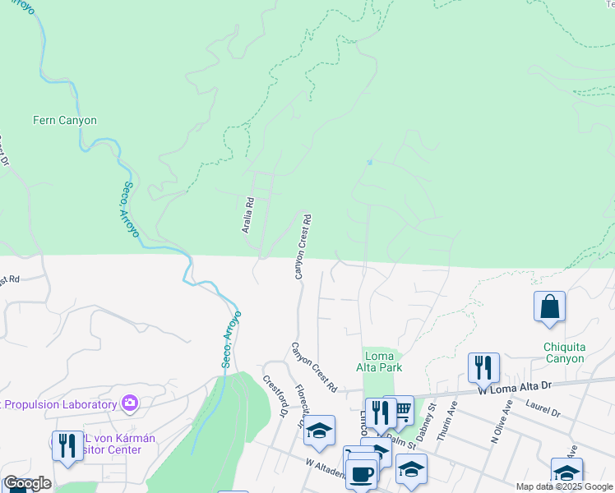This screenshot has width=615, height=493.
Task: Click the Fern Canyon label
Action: pyautogui.click(x=64, y=121)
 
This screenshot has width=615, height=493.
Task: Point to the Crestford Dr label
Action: pyautogui.click(x=275, y=396)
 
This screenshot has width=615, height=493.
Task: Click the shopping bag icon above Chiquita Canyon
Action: pyautogui.click(x=549, y=307)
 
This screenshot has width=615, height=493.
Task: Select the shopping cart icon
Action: pyautogui.click(x=402, y=408)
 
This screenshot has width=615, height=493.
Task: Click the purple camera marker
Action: pyautogui.click(x=129, y=403)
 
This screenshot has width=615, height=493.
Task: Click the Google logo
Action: pyautogui.click(x=27, y=483)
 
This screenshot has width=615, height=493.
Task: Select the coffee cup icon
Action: pyautogui.click(x=360, y=473)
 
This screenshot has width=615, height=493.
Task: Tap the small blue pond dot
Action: pyautogui.click(x=369, y=163)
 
